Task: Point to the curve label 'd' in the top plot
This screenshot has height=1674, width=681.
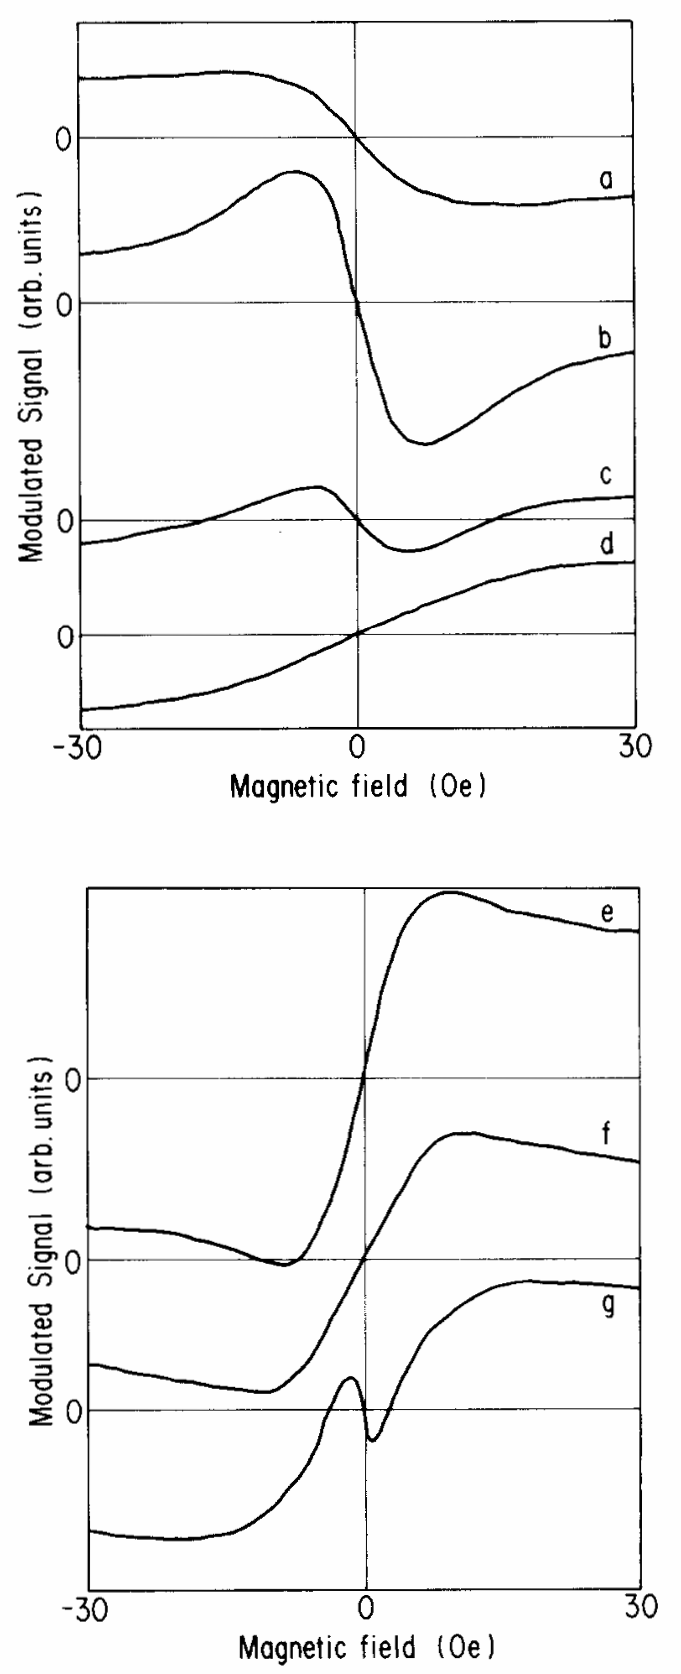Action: [604, 545]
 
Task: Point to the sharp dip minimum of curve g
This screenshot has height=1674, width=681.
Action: [372, 1440]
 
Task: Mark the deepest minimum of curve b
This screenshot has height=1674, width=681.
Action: [424, 444]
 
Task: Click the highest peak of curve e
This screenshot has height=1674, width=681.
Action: [449, 892]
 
